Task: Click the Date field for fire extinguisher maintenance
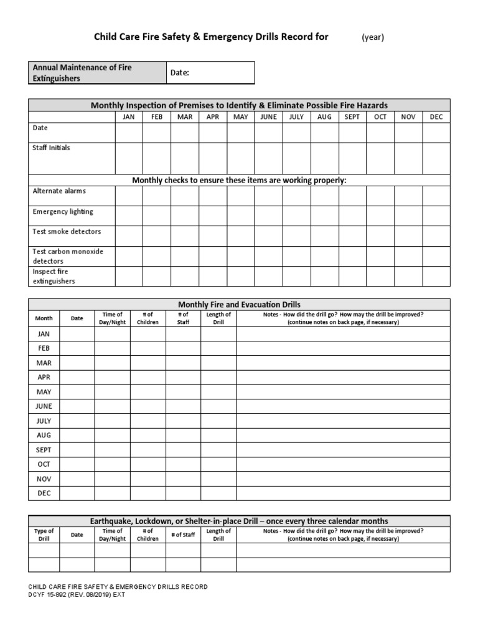(210, 73)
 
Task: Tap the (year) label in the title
(373, 37)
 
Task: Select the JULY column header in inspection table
(296, 117)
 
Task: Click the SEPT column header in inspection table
(352, 117)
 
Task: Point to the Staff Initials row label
(51, 148)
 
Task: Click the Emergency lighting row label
(63, 212)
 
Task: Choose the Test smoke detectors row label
(67, 232)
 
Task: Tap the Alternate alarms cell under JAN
(129, 196)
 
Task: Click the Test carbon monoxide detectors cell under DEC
(436, 256)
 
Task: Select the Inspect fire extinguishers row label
(54, 276)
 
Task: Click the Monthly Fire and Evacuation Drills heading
(239, 305)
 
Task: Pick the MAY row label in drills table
(44, 392)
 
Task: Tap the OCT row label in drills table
(44, 464)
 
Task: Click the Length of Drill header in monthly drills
(218, 318)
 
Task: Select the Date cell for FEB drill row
(77, 348)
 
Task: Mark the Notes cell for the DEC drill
(343, 493)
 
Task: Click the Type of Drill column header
(44, 535)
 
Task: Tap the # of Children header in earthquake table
(148, 535)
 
